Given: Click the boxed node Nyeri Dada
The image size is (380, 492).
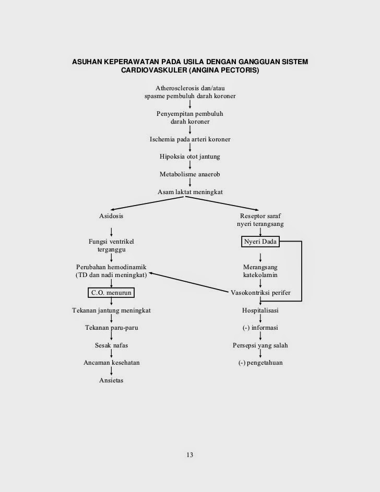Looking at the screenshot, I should (260, 242).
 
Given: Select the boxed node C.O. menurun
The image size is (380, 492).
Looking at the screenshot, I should (111, 293).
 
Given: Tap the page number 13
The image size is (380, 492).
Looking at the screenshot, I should (189, 455).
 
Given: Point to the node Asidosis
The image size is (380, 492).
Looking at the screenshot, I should (111, 216).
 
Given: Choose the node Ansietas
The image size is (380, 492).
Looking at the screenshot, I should (111, 380).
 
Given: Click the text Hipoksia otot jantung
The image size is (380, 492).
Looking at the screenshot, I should (190, 157).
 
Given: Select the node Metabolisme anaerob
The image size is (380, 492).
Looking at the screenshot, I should (190, 174).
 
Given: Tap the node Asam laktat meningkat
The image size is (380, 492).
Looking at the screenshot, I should (190, 192).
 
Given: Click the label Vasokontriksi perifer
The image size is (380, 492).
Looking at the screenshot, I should (260, 293).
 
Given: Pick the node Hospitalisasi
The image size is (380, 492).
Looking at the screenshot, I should (260, 310).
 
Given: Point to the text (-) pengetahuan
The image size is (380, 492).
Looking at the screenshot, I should (260, 363).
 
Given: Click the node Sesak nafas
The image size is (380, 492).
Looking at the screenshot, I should (111, 345).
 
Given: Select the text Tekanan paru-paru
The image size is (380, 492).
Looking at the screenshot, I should (111, 328).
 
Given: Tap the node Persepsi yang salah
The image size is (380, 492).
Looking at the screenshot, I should (260, 345).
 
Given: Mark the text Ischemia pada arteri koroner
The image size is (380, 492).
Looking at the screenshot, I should (190, 139).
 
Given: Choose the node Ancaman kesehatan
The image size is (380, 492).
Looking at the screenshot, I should (111, 363).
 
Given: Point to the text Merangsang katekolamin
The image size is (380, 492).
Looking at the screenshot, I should (260, 271).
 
